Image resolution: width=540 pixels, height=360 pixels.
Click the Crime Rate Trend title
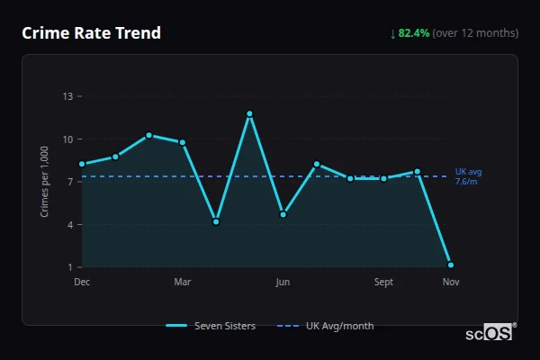click(91, 33)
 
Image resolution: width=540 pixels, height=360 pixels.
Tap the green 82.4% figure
click(415, 33)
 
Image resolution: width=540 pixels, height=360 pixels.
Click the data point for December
click(82, 164)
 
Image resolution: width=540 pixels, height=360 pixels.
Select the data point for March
click(183, 142)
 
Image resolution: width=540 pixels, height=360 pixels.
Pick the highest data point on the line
click(249, 113)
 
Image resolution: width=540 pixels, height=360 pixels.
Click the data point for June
click(283, 214)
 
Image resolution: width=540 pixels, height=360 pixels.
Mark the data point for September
click(383, 178)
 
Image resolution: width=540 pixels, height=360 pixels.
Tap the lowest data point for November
click(451, 265)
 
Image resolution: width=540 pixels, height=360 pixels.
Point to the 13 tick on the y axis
click(67, 96)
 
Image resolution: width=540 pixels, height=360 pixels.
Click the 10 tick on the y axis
click(67, 139)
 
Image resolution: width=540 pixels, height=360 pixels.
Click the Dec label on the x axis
click(82, 283)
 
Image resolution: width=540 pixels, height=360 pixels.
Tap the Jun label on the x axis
click(283, 283)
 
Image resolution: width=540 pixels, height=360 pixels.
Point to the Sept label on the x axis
click(383, 283)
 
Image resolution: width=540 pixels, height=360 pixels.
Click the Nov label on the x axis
click(451, 283)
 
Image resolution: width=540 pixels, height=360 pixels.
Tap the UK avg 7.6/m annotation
click(468, 176)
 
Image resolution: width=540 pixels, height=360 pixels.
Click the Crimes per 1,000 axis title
click(44, 181)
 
